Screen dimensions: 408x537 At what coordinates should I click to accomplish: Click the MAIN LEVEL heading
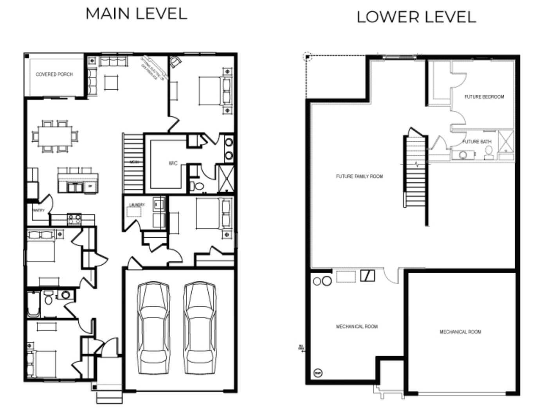click(x=136, y=14)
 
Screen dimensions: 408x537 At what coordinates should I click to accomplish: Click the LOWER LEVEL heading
click(x=416, y=17)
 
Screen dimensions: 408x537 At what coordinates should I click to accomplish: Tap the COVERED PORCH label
click(x=54, y=74)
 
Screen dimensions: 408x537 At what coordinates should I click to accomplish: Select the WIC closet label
click(x=173, y=163)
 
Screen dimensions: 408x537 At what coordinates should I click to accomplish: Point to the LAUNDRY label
click(x=137, y=205)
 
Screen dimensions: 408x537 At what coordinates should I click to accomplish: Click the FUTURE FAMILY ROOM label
click(x=359, y=176)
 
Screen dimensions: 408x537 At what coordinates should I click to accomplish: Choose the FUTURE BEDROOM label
click(x=484, y=97)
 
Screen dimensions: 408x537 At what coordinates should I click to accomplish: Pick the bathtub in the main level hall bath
click(x=33, y=304)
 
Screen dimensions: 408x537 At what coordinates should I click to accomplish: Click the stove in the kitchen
click(x=74, y=219)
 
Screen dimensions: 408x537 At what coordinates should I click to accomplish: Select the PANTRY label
click(x=38, y=210)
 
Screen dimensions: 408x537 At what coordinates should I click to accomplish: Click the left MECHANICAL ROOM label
click(x=357, y=326)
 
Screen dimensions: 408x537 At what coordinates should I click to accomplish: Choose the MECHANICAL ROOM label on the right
click(x=460, y=332)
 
